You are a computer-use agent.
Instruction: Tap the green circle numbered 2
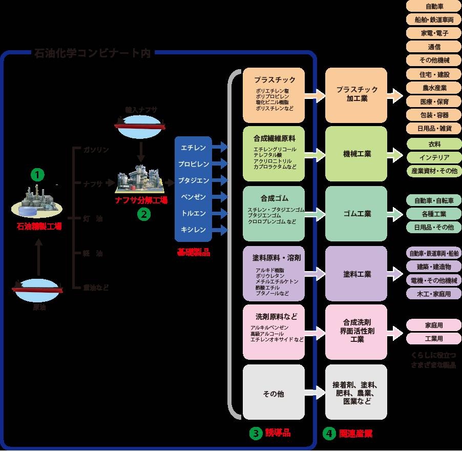[143, 215]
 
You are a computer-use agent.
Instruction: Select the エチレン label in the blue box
[193, 148]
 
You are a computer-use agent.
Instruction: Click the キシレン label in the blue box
[193, 230]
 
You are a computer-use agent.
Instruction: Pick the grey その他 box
[273, 394]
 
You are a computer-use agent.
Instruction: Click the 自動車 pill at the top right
[434, 7]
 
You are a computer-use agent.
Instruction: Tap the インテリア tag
[434, 157]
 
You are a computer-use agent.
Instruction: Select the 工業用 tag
[434, 339]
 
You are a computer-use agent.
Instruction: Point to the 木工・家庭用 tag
[434, 294]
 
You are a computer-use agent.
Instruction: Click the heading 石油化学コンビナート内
[92, 53]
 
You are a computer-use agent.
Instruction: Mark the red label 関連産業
[354, 433]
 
